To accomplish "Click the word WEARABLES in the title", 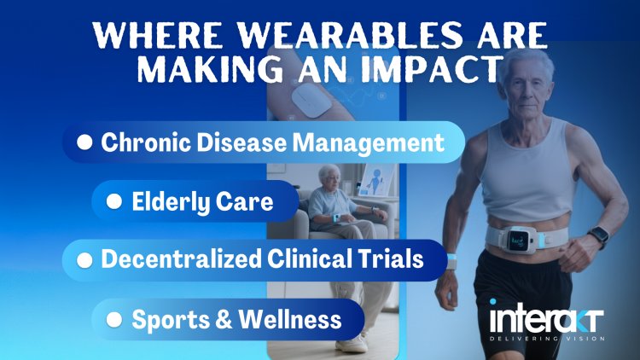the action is [x=351, y=36].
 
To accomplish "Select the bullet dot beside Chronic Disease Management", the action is [x=84, y=142].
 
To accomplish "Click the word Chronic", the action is [x=146, y=142].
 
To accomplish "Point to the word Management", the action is [x=369, y=143].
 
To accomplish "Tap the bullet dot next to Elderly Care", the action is [x=114, y=201].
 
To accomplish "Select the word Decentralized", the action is [x=182, y=258].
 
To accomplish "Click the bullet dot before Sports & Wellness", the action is [x=114, y=320].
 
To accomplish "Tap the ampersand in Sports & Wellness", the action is [x=224, y=320].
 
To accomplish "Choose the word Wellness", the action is [x=290, y=319].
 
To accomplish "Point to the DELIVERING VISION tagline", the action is [x=547, y=339].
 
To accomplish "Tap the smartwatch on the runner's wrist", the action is [x=599, y=236].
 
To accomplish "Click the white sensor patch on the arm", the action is [x=311, y=100].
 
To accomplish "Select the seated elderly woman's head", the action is [x=329, y=176].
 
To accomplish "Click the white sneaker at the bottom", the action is [x=351, y=344].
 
